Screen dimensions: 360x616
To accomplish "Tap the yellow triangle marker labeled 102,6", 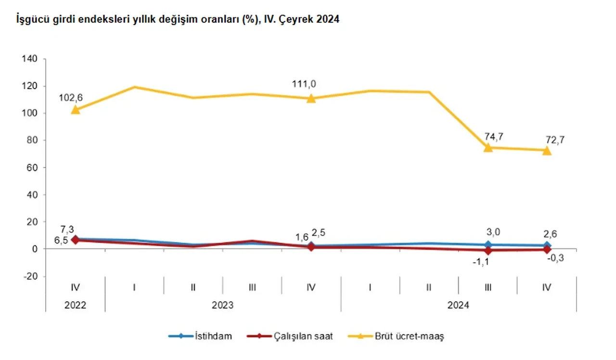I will (x=75, y=110).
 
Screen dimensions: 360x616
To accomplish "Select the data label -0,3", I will (x=556, y=258).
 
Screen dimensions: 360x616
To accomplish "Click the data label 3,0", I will (x=493, y=232).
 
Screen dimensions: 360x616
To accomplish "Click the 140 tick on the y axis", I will (x=30, y=59).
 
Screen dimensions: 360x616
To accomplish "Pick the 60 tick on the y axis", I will (x=32, y=167).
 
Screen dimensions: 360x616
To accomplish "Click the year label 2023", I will (x=223, y=305).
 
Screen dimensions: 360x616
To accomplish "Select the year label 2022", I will (x=75, y=305).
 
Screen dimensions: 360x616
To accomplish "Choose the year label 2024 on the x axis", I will (x=459, y=305).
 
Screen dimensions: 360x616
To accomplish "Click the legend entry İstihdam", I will (x=214, y=336).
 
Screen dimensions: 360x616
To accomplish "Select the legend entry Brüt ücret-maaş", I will (x=409, y=336).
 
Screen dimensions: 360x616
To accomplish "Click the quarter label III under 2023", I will (x=252, y=287).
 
